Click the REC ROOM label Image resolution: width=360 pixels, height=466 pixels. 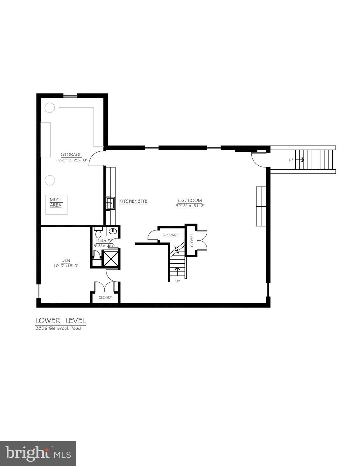[x=189, y=200]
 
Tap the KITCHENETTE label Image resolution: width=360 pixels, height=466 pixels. [x=133, y=201]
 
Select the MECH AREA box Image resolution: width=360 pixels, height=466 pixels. [x=56, y=204]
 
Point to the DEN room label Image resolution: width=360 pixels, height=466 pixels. [x=66, y=261]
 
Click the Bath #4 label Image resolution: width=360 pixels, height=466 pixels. [x=104, y=241]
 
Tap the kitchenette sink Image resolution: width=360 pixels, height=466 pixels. [x=110, y=203]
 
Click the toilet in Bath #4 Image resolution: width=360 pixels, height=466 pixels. [x=98, y=234]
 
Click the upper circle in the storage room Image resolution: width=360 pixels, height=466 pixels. [x=50, y=107]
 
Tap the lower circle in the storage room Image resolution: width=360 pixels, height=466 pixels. [x=50, y=180]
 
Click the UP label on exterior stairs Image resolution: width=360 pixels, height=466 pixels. [x=291, y=160]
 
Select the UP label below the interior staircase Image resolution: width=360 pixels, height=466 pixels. [x=178, y=281]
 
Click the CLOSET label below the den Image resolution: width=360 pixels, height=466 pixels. [x=105, y=298]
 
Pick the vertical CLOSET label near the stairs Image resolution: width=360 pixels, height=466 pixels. [x=192, y=240]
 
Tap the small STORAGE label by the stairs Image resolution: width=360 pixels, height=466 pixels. [x=170, y=235]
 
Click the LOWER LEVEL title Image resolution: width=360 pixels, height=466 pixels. [x=61, y=320]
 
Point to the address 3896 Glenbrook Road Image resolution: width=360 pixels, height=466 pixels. [x=58, y=328]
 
